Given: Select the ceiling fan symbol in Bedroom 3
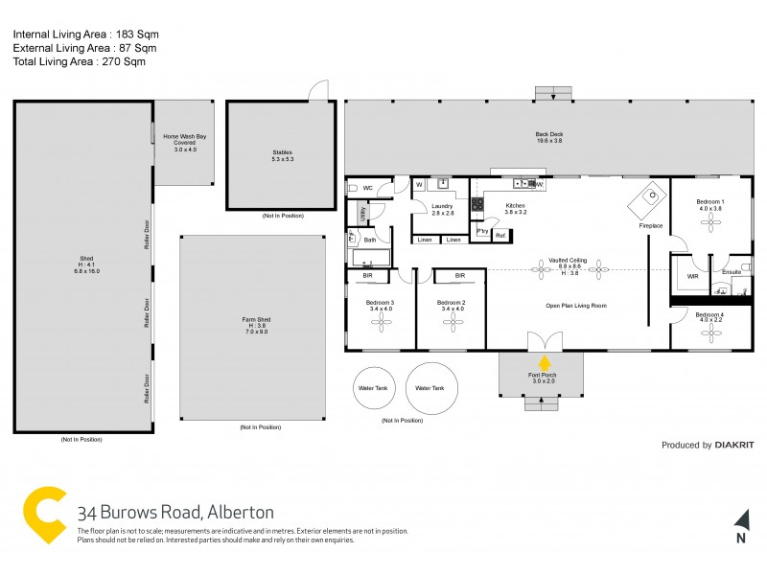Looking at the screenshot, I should click(x=380, y=324).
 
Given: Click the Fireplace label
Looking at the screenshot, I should click(x=651, y=225).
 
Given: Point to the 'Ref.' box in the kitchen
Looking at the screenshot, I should click(x=501, y=233).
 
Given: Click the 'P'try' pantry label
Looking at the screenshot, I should click(x=481, y=231).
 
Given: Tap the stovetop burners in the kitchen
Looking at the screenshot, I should click(x=476, y=203).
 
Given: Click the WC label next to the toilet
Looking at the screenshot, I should click(x=367, y=188).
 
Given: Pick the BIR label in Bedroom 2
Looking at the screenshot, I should click(x=460, y=276).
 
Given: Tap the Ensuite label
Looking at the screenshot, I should click(x=732, y=271).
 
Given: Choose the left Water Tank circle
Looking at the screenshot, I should click(x=372, y=388).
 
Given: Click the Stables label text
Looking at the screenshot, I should click(x=282, y=151).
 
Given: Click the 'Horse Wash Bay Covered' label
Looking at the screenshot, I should click(x=184, y=143).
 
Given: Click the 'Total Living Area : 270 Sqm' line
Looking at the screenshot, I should click(x=79, y=61).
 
